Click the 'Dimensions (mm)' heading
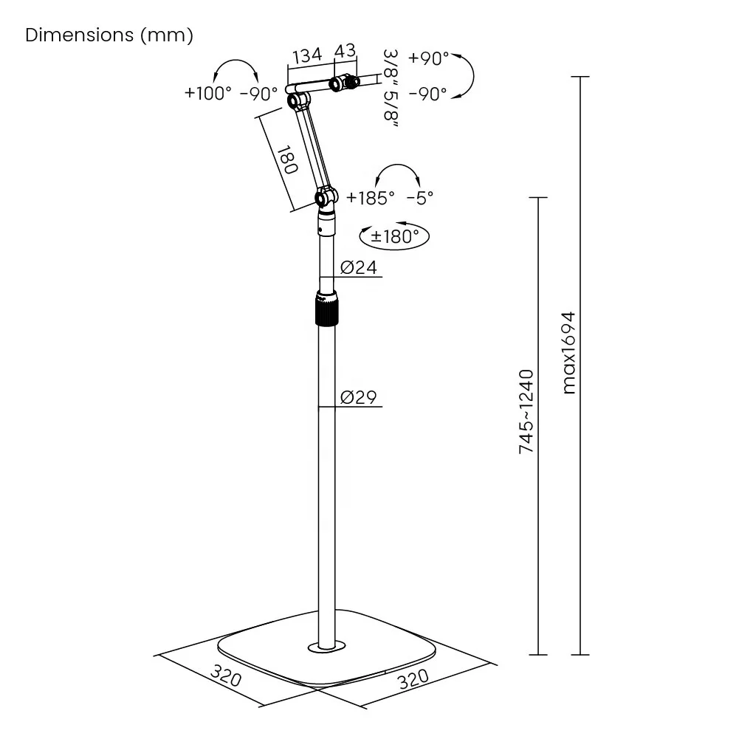pyautogui.click(x=109, y=35)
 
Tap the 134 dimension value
pyautogui.click(x=307, y=56)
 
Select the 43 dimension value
pyautogui.click(x=345, y=51)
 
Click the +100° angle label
pyautogui.click(x=208, y=93)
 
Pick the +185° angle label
pyautogui.click(x=371, y=197)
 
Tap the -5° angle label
pyautogui.click(x=420, y=197)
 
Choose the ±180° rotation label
pyautogui.click(x=395, y=236)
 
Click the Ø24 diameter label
pyautogui.click(x=359, y=267)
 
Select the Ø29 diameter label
pyautogui.click(x=359, y=398)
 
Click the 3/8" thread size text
pyautogui.click(x=391, y=65)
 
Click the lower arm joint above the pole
pyautogui.click(x=325, y=197)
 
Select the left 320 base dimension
pyautogui.click(x=226, y=676)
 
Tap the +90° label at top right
pyautogui.click(x=428, y=58)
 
